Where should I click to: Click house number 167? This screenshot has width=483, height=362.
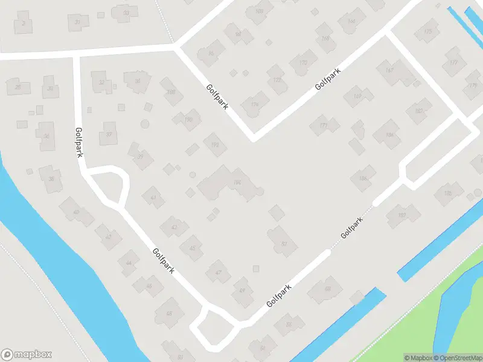389,71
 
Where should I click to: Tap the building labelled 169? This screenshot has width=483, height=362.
357,97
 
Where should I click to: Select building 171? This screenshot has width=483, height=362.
324,125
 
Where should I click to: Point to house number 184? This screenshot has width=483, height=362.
389,134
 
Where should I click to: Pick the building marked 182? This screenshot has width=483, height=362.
418,111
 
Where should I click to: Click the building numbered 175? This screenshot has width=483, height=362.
428,31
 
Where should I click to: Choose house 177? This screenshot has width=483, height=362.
453,63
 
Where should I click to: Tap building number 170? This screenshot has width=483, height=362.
303,63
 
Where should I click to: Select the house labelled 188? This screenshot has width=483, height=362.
171,92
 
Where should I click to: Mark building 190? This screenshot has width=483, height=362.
188,119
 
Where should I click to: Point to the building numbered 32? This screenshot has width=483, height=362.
101,83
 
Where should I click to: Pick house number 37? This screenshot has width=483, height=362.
109,133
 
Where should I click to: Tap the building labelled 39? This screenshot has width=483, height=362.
141,157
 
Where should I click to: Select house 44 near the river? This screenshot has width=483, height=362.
128,264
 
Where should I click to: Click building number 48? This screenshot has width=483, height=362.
169,313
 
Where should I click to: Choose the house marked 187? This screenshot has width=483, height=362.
401,215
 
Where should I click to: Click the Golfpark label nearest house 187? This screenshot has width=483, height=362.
352,227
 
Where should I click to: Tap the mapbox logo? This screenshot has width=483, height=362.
27,355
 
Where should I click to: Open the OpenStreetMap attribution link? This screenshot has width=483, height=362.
456,358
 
